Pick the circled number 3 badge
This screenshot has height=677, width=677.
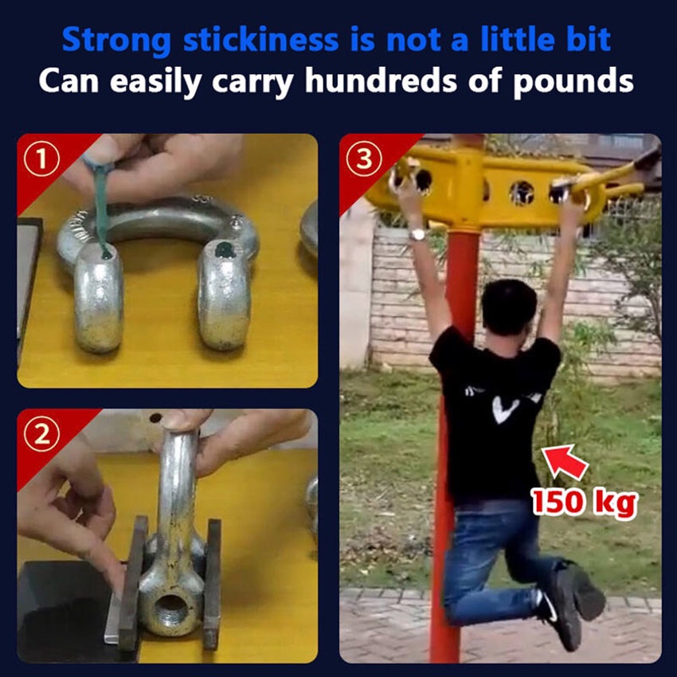pyautogui.click(x=366, y=159)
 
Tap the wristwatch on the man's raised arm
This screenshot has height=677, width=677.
pyautogui.click(x=417, y=234)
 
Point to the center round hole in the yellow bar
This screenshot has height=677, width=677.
pyautogui.click(x=522, y=192)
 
